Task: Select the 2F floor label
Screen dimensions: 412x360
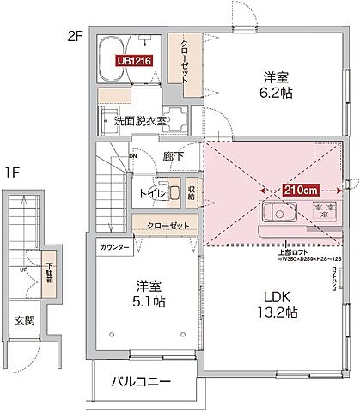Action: [x=76, y=37]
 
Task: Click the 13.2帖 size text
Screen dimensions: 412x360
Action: [x=274, y=313]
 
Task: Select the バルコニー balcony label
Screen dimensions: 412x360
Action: [x=141, y=381]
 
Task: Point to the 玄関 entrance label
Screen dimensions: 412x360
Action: [x=24, y=322]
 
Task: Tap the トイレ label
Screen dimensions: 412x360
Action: [x=151, y=193]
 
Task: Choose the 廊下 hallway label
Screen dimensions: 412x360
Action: [x=174, y=157]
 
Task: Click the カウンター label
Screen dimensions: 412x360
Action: [x=114, y=247]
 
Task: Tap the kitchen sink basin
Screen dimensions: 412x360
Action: [x=272, y=212]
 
